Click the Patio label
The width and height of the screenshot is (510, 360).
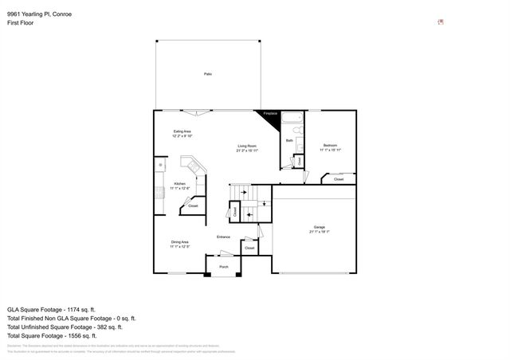207,74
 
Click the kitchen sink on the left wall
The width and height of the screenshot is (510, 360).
159,166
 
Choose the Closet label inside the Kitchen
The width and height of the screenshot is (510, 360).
192,207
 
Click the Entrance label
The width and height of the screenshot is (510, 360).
224,237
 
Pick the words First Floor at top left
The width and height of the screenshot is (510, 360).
20,22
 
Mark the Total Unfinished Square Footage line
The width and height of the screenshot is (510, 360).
64,327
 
